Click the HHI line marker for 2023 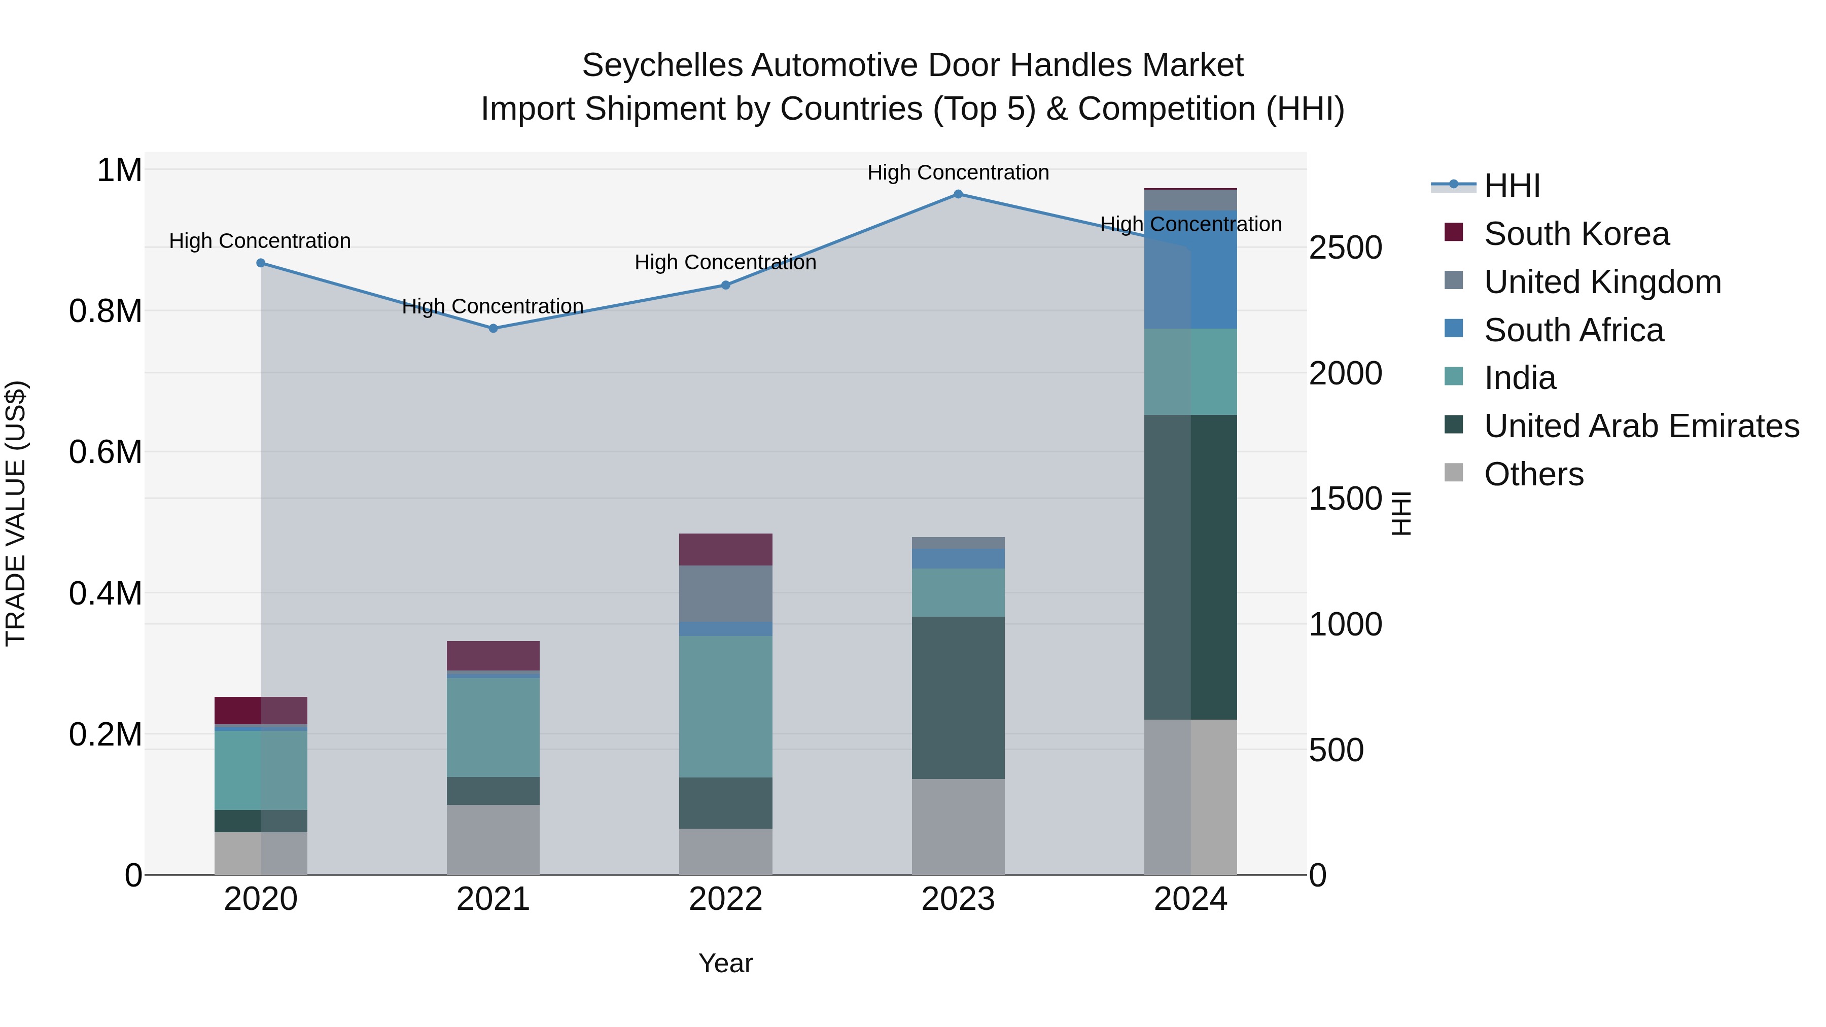[x=958, y=194]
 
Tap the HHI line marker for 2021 [x=494, y=328]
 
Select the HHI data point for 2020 [x=261, y=263]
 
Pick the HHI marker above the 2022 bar [x=725, y=285]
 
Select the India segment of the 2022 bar [x=725, y=706]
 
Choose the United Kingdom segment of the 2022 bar [x=725, y=593]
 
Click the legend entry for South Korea [x=1576, y=234]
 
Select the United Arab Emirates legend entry [x=1641, y=426]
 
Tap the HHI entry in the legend [x=1512, y=186]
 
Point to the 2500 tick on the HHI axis [x=1345, y=248]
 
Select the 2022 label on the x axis [x=725, y=899]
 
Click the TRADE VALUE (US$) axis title [x=16, y=513]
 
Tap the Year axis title [x=725, y=963]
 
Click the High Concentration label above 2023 [x=958, y=172]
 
